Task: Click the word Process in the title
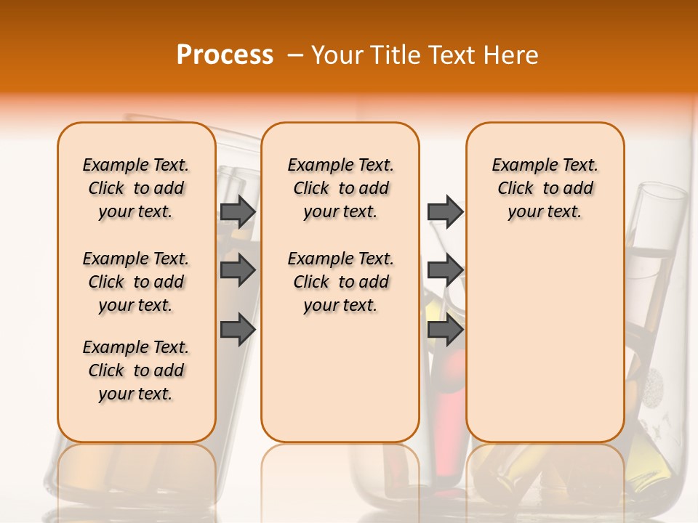225,54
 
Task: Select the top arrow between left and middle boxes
238,212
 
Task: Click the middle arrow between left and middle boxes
238,271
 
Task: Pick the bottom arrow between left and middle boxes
238,330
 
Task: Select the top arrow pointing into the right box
445,212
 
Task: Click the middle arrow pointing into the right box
445,271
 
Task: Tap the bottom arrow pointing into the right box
445,330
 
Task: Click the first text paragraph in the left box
136,188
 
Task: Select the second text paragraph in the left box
136,282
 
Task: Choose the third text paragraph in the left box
136,370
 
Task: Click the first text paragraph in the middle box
340,188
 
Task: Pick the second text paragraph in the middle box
340,282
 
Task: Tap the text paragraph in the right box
545,188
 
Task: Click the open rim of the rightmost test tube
662,192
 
